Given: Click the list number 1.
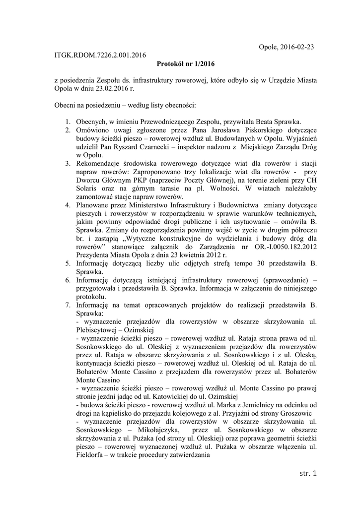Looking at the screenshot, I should pos(68,122).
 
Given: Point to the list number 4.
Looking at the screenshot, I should pos(68,204).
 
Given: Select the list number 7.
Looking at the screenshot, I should pos(68,305).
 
